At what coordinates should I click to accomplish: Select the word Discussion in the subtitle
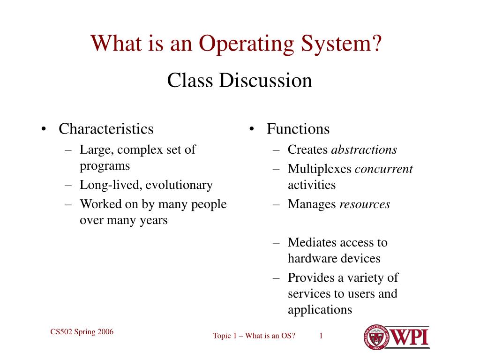point(265,80)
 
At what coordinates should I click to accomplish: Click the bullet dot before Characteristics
point(44,129)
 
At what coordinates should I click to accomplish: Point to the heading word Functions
point(298,128)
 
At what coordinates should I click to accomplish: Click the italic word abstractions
point(364,150)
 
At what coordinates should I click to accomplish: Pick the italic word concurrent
point(384,169)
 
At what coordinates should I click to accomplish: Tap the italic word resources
point(365,204)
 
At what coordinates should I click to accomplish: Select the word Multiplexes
point(320,169)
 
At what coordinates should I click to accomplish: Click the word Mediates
point(311,242)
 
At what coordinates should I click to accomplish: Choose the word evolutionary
point(179,185)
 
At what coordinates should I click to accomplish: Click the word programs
point(105,166)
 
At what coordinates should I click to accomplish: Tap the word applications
point(320,310)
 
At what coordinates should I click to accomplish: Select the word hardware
point(312,258)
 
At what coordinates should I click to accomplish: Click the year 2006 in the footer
point(105,332)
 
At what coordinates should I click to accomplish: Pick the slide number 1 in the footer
point(321,336)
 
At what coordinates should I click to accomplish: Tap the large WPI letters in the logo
point(409,337)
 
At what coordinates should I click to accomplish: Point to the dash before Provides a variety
point(276,278)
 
